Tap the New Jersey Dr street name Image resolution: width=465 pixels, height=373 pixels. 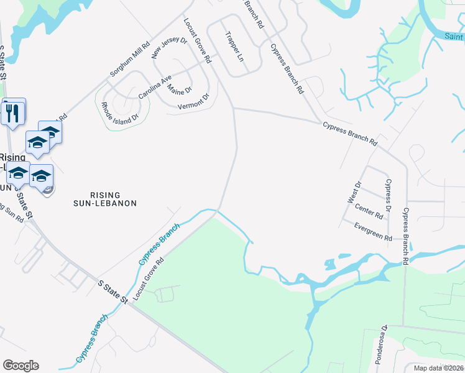pos(170,48)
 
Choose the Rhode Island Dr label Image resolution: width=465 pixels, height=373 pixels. pos(120,114)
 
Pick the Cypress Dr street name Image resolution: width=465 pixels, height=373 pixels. pos(389,193)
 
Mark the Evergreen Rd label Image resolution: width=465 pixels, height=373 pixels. pos(373,233)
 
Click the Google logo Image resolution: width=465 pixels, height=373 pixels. pos(21,366)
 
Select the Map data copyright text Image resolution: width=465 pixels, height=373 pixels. pos(439,367)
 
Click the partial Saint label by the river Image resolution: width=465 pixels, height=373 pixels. pos(454,36)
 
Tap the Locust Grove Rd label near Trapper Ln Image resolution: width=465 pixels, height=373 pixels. pos(198,40)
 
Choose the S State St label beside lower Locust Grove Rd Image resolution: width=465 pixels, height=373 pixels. pos(113,292)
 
